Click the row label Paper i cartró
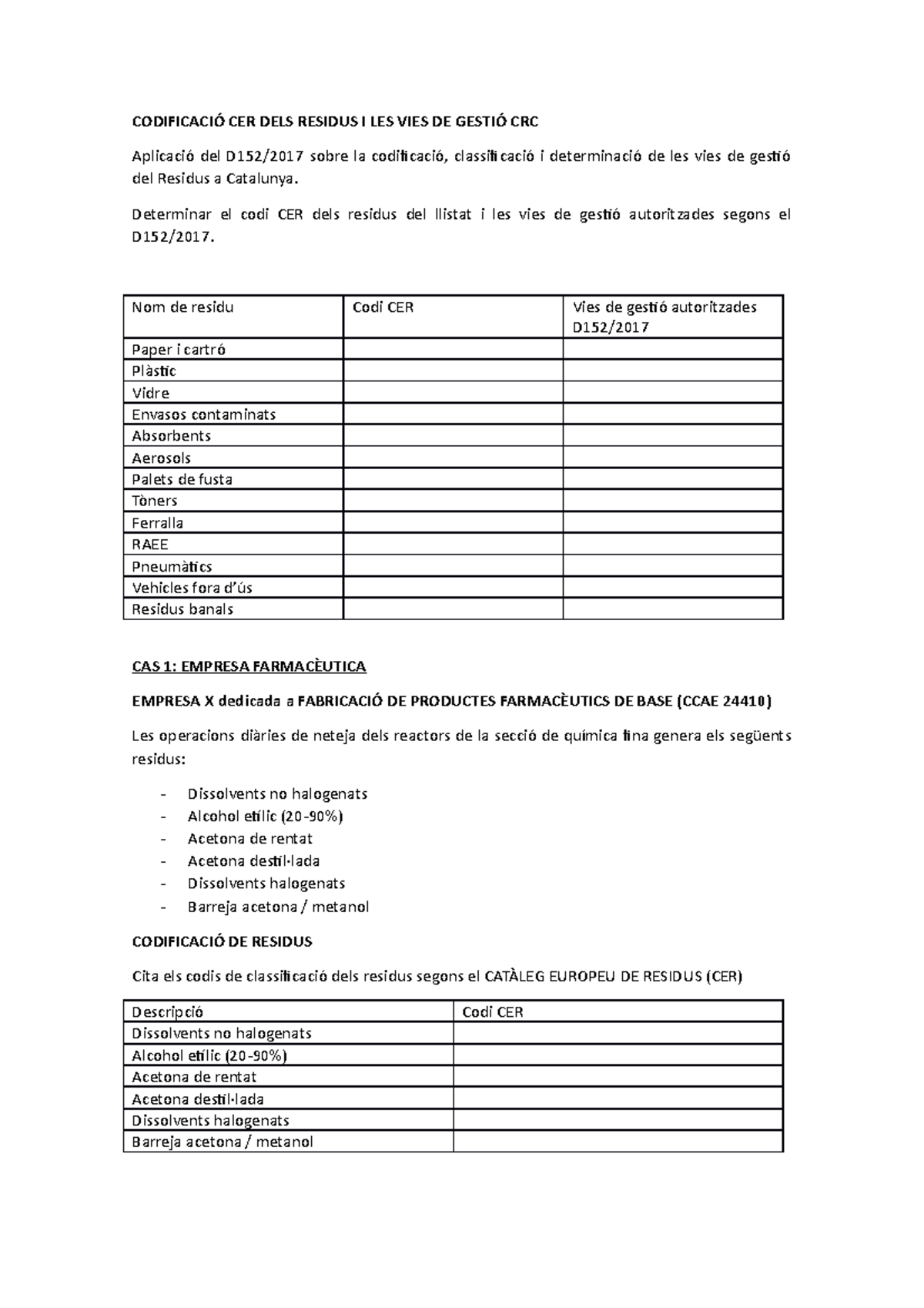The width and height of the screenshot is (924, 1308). (x=179, y=349)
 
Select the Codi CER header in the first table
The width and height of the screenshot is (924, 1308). (x=383, y=307)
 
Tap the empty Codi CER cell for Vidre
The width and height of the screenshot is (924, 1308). (x=453, y=393)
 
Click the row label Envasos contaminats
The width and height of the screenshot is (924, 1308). (x=203, y=414)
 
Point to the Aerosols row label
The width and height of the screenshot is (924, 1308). (x=161, y=458)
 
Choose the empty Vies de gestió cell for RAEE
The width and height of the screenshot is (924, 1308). (x=672, y=544)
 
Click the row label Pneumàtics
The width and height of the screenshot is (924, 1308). (x=172, y=566)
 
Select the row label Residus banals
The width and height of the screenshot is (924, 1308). (x=182, y=609)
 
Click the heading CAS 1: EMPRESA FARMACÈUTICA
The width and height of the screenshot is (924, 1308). (x=249, y=666)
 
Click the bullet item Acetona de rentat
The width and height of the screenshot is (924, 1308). (x=249, y=838)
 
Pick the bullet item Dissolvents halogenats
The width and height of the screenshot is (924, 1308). (x=266, y=883)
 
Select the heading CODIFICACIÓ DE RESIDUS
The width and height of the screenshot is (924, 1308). (x=222, y=941)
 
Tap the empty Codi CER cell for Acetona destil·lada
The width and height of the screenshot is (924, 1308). (x=618, y=1098)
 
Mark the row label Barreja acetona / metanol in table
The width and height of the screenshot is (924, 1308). (x=223, y=1142)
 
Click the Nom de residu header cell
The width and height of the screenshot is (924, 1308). (x=182, y=307)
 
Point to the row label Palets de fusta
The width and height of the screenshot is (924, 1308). (x=182, y=479)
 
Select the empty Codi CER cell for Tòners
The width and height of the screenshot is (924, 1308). (x=453, y=501)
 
